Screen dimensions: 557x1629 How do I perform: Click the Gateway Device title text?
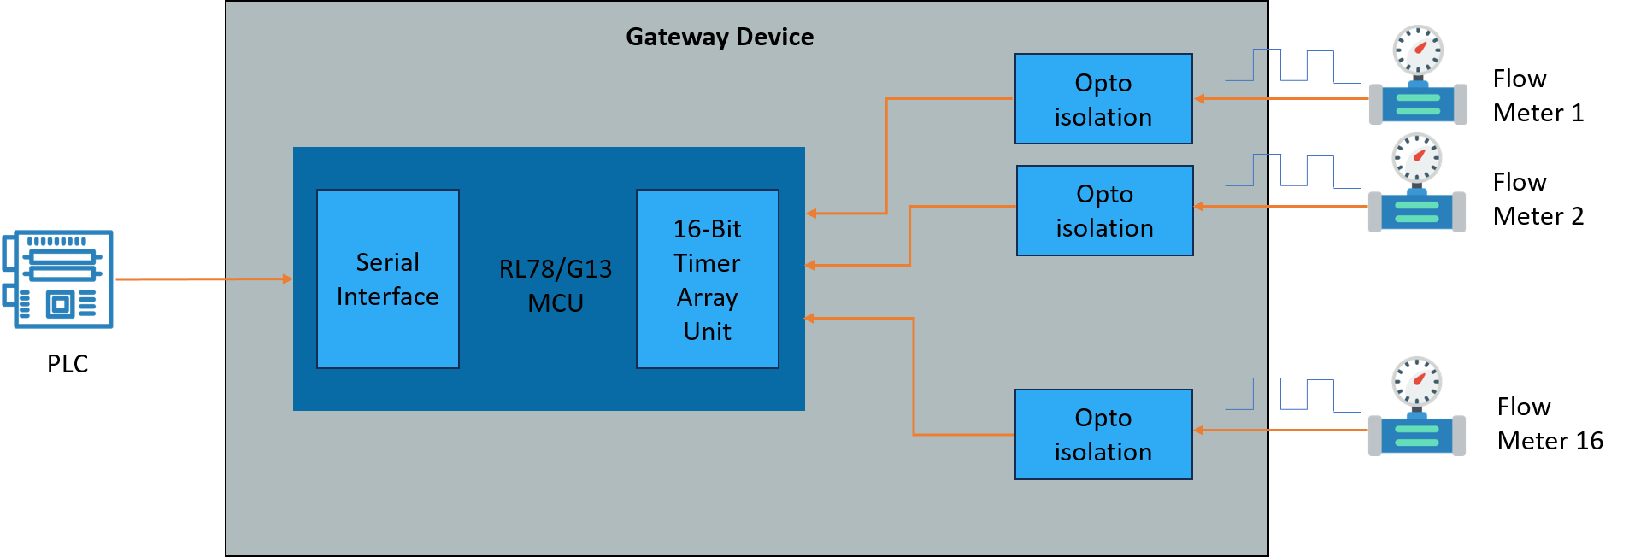coord(719,37)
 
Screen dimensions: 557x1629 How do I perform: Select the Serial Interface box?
coord(387,278)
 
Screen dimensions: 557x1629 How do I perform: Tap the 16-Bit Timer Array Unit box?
coord(707,278)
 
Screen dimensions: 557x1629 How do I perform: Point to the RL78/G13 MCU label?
coord(556,285)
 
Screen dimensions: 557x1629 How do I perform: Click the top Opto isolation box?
coord(1103,99)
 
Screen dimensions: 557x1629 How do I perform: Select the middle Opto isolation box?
coord(1104,210)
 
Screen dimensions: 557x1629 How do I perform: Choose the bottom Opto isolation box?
coord(1103,434)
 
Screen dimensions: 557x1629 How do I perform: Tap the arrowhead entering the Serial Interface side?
coord(288,278)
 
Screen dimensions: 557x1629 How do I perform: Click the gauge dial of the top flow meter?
coord(1418,50)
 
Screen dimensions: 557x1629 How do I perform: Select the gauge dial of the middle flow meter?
coord(1416,158)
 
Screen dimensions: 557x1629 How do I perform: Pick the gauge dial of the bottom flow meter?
coord(1416,381)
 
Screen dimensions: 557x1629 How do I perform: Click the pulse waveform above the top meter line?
coord(1292,66)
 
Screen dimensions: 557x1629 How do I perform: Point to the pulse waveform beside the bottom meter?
coord(1292,395)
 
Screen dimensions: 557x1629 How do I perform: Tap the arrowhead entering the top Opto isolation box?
coord(1200,99)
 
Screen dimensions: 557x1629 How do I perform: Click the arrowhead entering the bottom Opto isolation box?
coord(1199,430)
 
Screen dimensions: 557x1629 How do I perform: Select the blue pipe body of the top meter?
coord(1418,104)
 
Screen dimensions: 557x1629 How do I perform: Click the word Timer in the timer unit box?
coord(707,263)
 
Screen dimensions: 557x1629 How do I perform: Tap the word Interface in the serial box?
coord(387,296)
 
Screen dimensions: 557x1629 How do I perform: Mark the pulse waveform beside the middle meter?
coord(1292,171)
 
